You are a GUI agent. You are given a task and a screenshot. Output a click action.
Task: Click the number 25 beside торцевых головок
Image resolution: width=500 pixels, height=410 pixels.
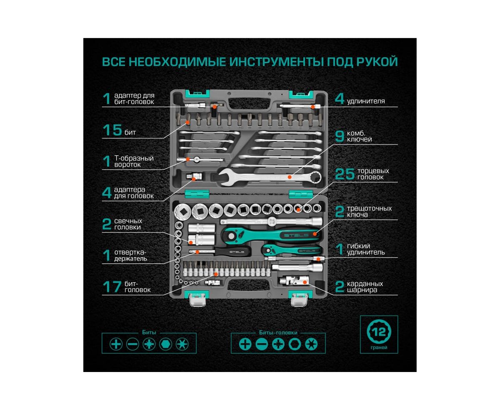(344, 174)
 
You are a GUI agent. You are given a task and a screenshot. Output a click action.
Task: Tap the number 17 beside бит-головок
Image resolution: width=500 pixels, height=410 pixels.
(112, 287)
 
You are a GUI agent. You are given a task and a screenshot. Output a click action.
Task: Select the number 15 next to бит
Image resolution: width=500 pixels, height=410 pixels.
(112, 130)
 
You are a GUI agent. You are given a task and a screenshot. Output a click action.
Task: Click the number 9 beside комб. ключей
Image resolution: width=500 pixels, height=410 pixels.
(339, 137)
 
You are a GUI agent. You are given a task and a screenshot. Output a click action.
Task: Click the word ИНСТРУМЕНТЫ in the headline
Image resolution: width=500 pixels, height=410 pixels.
(277, 61)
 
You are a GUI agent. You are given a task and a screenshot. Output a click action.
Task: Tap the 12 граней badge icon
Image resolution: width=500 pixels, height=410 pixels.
(379, 332)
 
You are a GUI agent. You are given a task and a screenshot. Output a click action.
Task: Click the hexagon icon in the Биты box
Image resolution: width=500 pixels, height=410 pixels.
(165, 344)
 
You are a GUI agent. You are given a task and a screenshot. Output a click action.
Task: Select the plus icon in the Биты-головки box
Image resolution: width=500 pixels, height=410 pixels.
(245, 344)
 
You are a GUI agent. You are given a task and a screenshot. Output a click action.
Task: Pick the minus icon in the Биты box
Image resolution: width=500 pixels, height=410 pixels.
(132, 344)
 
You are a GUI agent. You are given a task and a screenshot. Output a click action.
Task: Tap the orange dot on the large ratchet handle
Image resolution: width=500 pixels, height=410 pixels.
(315, 234)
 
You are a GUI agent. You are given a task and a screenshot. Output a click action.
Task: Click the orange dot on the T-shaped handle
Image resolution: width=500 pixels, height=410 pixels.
(188, 159)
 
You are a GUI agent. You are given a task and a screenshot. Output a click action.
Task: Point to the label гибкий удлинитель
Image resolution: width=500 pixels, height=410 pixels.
(365, 249)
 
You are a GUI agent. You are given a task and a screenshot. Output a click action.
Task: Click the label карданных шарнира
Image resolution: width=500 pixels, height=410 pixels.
(365, 287)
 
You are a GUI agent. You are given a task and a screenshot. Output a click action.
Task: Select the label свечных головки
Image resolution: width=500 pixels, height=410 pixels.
(128, 224)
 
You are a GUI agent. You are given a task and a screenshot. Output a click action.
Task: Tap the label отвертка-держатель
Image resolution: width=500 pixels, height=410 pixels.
(130, 256)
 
